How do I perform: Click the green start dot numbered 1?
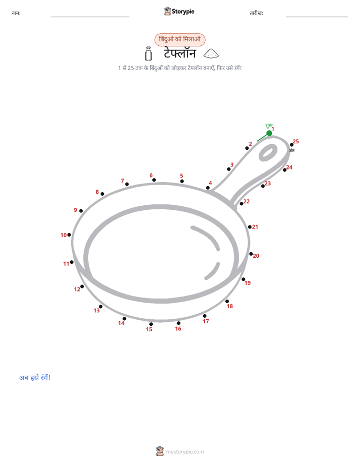point(269,133)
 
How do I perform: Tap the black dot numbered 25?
point(292,145)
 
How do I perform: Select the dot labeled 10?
point(69,235)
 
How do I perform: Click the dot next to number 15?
point(151,324)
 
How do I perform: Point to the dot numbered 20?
point(251,254)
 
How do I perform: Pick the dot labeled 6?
point(154,180)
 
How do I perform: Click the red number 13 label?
point(96,311)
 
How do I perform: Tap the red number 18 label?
point(230,306)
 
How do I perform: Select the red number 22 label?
point(247,202)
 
